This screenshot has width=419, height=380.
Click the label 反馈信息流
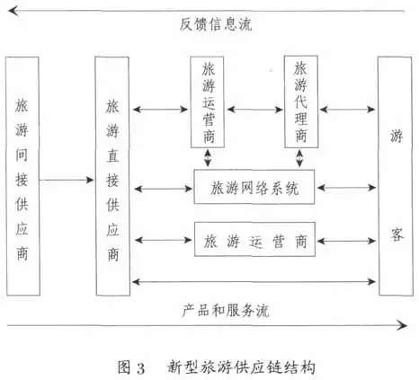pos(216,24)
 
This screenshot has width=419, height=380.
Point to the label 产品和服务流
pos(226,310)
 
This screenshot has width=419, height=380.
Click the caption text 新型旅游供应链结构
pos(241,367)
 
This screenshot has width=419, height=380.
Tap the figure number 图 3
pos(131,367)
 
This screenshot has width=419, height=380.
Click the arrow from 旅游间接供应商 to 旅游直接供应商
pos(67,180)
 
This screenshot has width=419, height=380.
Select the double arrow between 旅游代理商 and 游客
pos(347,110)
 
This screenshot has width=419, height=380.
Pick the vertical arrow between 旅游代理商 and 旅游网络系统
pos(299,158)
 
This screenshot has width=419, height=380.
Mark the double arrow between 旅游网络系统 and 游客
pos(346,188)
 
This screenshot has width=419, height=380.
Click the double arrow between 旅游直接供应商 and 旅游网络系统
pos(164,189)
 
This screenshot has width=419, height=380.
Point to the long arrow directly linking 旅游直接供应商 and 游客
pos(254,281)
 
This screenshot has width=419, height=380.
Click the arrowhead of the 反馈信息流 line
pos(12,11)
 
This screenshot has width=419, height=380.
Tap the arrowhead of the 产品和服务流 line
pos(402,325)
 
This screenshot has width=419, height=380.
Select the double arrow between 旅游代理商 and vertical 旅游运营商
pos(254,110)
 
